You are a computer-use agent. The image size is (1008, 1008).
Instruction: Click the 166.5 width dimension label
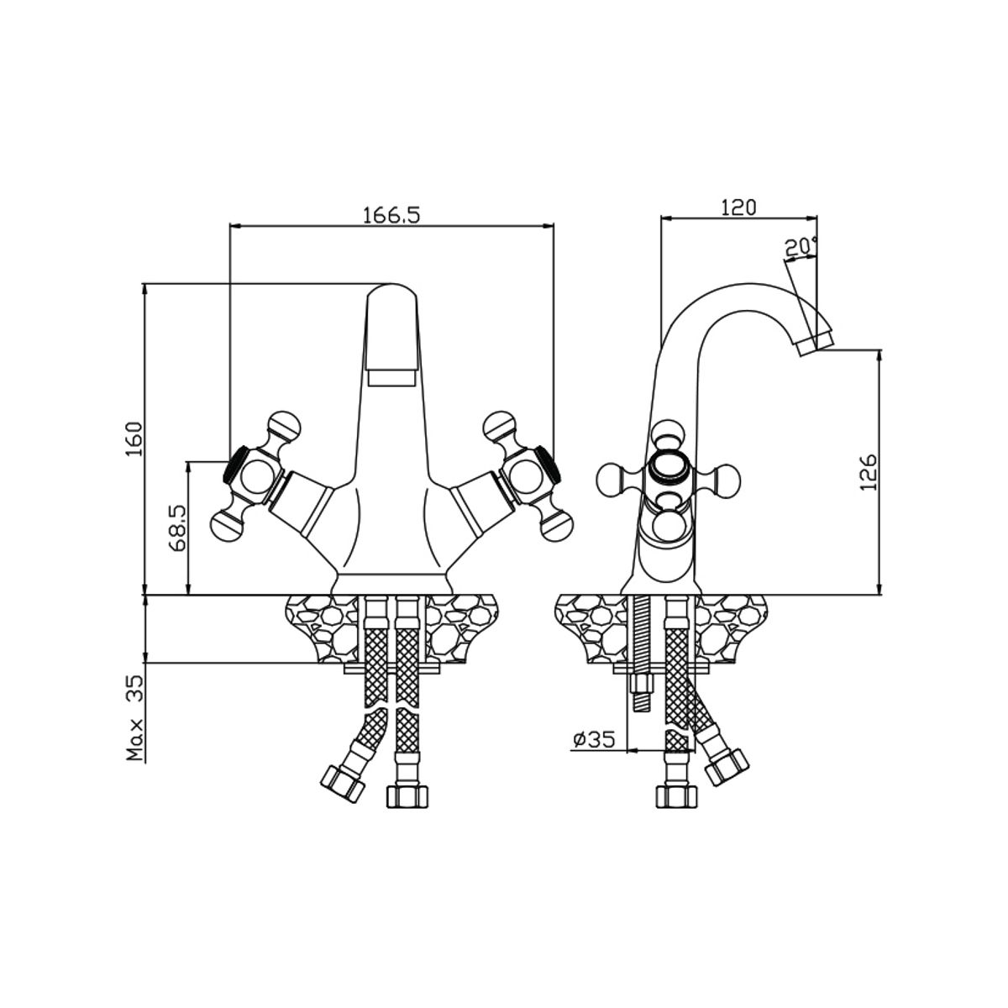[x=391, y=215]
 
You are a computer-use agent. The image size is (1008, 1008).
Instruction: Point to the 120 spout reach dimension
[x=738, y=207]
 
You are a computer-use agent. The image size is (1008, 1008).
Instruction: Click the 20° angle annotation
[x=800, y=247]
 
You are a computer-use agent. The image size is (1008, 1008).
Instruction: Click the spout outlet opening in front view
[x=394, y=377]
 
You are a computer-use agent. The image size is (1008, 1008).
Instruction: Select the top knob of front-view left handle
[x=281, y=422]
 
